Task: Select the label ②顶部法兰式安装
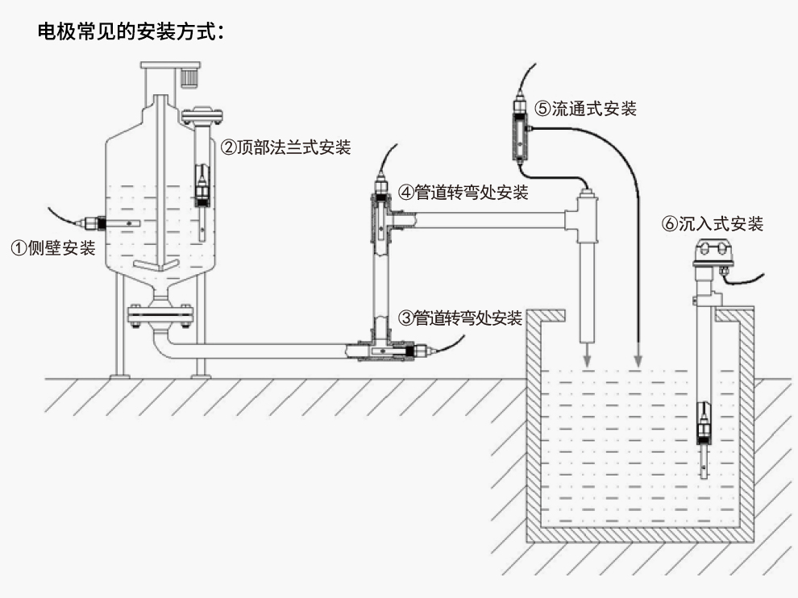pos(287,147)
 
